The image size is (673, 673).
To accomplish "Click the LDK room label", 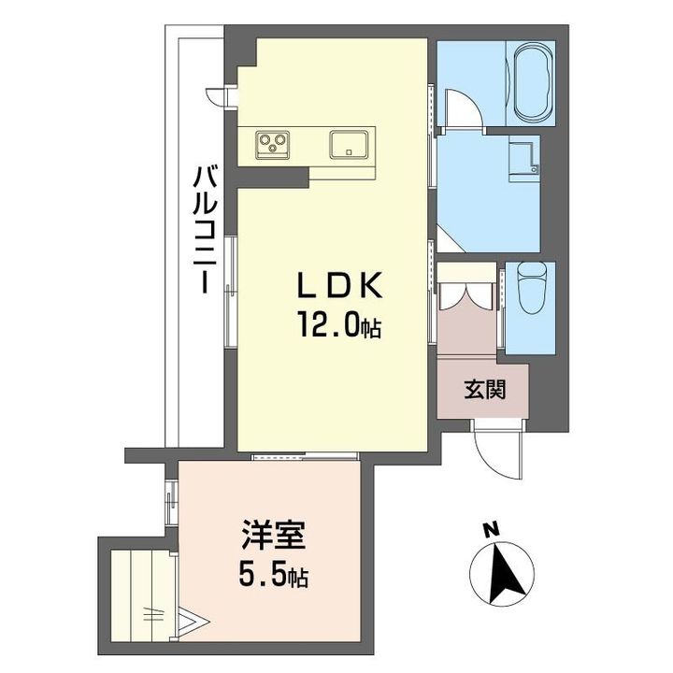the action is [340, 286].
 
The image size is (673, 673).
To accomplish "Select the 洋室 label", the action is [273, 535].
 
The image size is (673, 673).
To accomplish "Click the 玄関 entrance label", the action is [484, 390].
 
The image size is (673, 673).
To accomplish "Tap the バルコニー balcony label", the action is [206, 230].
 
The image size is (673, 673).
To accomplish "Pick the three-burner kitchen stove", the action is [272, 144].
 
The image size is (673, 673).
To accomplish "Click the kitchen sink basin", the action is [349, 144].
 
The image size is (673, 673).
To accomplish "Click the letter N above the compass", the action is [492, 530].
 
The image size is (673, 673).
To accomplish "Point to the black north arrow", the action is [503, 572].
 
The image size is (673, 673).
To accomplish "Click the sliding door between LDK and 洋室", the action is [305, 456].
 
